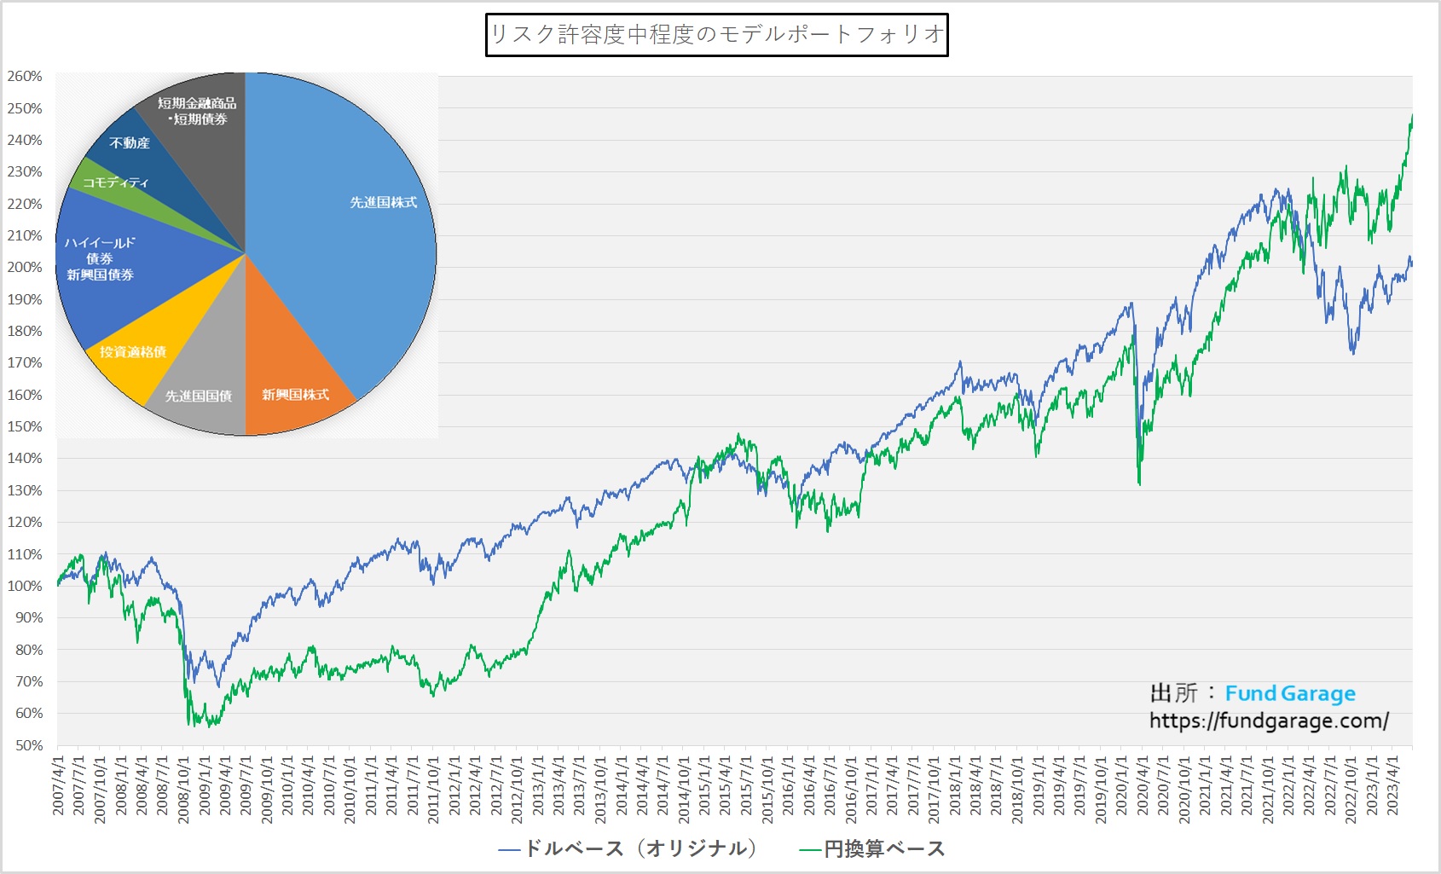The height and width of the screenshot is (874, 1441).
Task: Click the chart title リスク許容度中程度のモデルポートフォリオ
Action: coord(716,34)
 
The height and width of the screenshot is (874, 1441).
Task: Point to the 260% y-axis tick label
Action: coord(25,77)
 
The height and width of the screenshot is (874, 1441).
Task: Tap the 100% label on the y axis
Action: coord(25,587)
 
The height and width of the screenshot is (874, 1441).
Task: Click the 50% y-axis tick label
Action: coord(28,745)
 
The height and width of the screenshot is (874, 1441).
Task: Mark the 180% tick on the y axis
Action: coord(25,332)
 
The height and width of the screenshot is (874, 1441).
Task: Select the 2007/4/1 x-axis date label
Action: coord(59,784)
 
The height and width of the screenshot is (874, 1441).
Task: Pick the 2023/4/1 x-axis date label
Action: coord(1392,784)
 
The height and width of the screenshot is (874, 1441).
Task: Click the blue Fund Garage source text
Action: coord(1290,694)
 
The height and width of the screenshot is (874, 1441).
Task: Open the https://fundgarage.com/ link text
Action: coord(1269,721)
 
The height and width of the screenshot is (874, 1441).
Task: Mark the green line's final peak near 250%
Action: coord(1411,116)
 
